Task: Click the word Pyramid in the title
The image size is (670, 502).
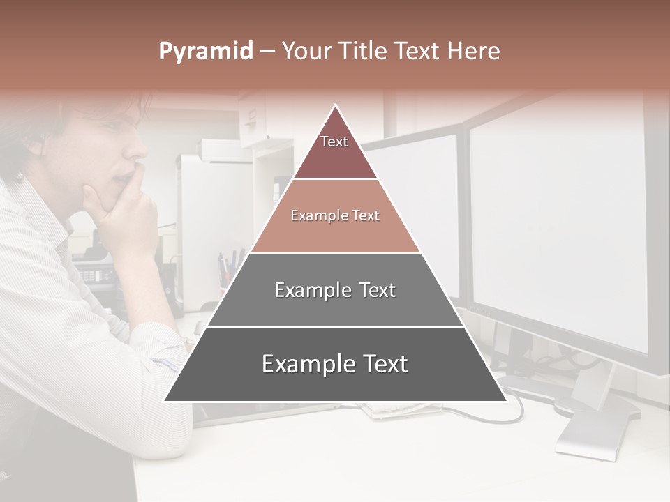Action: pyautogui.click(x=205, y=52)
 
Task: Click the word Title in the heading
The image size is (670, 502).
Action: pyautogui.click(x=365, y=52)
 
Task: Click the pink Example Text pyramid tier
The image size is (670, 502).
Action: pyautogui.click(x=335, y=216)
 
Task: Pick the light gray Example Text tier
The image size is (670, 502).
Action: pyautogui.click(x=335, y=290)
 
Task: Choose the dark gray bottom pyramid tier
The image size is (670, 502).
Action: pyautogui.click(x=335, y=365)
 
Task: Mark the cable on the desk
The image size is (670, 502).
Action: pyautogui.click(x=516, y=411)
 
